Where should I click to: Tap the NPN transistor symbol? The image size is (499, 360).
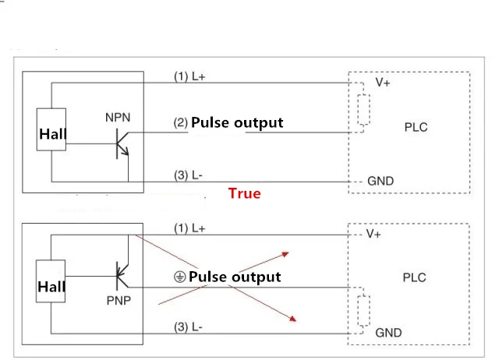tap(122, 143)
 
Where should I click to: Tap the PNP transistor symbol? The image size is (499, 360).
tap(122, 276)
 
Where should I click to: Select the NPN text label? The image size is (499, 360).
tap(118, 118)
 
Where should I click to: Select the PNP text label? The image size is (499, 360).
tap(119, 301)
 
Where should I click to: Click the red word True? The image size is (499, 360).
tap(244, 193)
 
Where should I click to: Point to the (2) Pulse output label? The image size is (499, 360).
tap(228, 123)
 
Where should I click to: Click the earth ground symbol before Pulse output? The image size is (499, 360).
tap(179, 277)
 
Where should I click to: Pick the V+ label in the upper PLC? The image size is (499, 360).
tap(383, 83)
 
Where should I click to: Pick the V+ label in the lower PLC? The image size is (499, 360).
tap(373, 234)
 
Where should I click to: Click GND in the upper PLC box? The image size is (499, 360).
tap(380, 182)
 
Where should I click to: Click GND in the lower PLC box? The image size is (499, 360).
tap(388, 333)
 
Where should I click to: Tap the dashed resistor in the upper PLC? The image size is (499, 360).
tap(363, 110)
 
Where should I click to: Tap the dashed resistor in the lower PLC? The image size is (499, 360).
tap(363, 310)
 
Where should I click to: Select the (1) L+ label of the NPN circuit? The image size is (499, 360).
tap(189, 76)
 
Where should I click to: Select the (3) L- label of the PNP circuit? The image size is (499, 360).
tap(188, 327)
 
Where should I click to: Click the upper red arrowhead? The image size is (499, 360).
tap(285, 254)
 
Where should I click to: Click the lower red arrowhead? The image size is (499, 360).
tap(292, 319)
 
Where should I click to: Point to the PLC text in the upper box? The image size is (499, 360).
tap(416, 128)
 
